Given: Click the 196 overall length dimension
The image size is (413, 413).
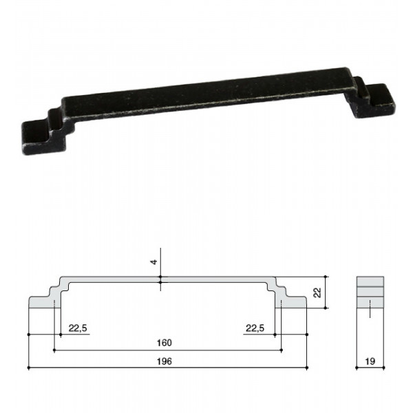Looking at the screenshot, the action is (165, 361).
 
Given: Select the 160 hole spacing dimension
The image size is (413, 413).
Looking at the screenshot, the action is (165, 343).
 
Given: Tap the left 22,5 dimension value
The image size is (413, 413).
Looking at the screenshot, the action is (78, 328).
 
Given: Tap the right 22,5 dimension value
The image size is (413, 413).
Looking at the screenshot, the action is (255, 328).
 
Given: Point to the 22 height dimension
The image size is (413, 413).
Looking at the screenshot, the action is (317, 293).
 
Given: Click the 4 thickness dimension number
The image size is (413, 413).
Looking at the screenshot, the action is (153, 262).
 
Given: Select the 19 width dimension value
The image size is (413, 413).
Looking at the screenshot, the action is (370, 361).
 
